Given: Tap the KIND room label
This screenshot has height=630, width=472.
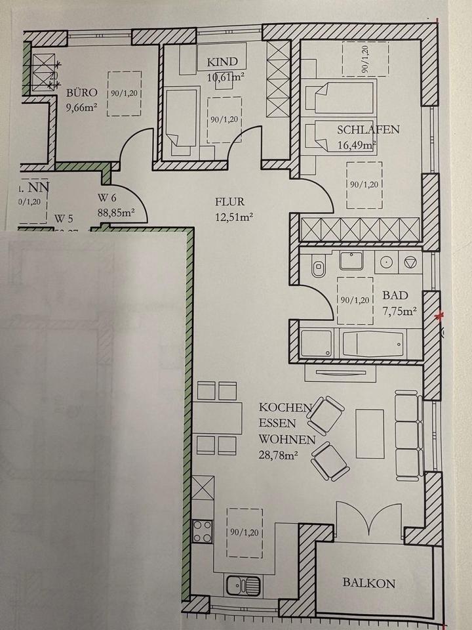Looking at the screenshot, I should [221, 62].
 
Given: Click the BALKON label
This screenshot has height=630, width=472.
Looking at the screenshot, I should [369, 582].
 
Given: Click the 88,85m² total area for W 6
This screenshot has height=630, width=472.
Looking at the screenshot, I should [115, 212].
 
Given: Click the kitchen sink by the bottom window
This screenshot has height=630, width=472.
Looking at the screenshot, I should [242, 583].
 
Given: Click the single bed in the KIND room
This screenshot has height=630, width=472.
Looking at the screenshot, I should [179, 121].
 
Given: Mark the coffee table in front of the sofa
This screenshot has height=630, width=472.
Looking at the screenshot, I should [370, 433].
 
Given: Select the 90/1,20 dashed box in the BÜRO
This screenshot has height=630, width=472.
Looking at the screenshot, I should [124, 93].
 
